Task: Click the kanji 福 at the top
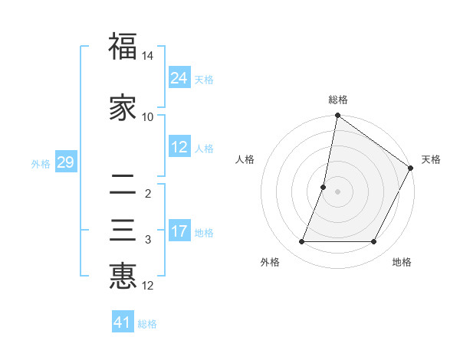tap(123, 45)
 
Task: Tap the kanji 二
tap(123, 183)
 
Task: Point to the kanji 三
tap(123, 230)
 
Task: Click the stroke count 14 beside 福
tap(148, 57)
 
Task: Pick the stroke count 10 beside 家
tap(148, 117)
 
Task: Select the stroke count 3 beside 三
tap(148, 241)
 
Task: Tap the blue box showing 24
tap(179, 77)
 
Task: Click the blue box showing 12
tap(179, 147)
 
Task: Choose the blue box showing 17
tap(179, 231)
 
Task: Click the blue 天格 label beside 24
tap(204, 80)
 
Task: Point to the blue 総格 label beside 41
tap(147, 324)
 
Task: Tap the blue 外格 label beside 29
tap(41, 163)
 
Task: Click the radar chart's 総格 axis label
tap(338, 100)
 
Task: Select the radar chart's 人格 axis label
tap(245, 159)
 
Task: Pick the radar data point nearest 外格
tap(302, 242)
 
